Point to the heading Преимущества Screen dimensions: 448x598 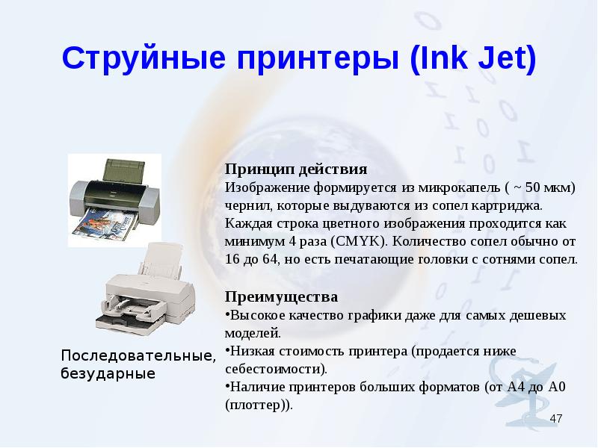pyautogui.click(x=282, y=296)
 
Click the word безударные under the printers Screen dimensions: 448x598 pyautogui.click(x=108, y=373)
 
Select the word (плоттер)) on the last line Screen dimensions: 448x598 pyautogui.click(x=259, y=405)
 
